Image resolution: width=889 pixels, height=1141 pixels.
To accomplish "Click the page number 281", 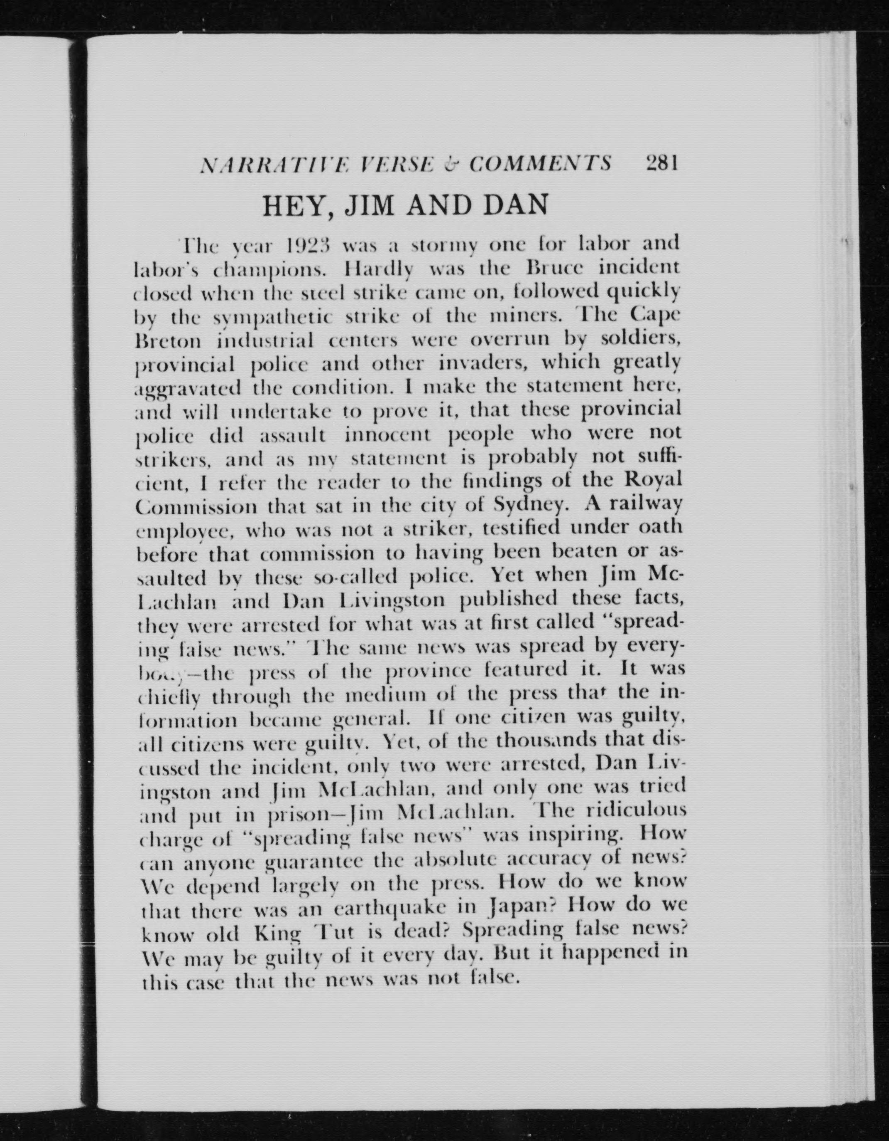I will pyautogui.click(x=662, y=164).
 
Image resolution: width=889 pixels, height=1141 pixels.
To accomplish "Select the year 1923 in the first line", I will pyautogui.click(x=310, y=245).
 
